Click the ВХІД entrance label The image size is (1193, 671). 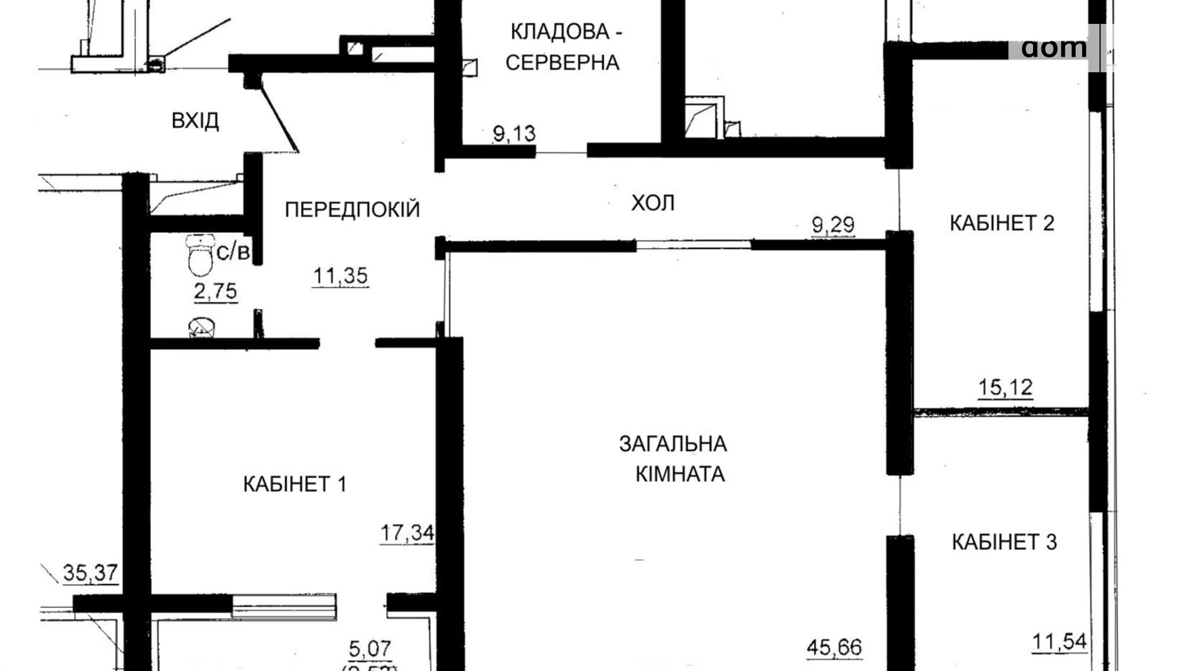coord(195,121)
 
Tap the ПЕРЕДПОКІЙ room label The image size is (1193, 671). coord(352,209)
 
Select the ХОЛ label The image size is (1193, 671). coord(653,203)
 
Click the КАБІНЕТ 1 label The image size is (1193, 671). coord(295,484)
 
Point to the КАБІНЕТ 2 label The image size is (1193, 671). coord(1001,223)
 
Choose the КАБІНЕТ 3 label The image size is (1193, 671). coord(1004,542)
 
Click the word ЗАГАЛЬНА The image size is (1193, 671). coord(673,444)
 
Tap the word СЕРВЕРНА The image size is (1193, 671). coord(562,63)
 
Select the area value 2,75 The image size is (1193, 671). coord(215,291)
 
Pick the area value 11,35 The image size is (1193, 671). coord(340,276)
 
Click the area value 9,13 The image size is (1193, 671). coord(514,134)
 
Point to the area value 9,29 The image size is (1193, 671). coord(833,225)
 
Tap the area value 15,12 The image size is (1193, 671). coord(1005,388)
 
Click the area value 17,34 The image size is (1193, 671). coord(407,534)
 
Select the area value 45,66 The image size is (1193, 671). coord(834,646)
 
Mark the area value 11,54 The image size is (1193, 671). coord(1060,642)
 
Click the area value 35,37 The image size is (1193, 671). coord(90,572)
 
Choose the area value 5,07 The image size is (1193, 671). coord(370,647)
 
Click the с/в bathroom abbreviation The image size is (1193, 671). coord(232,252)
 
